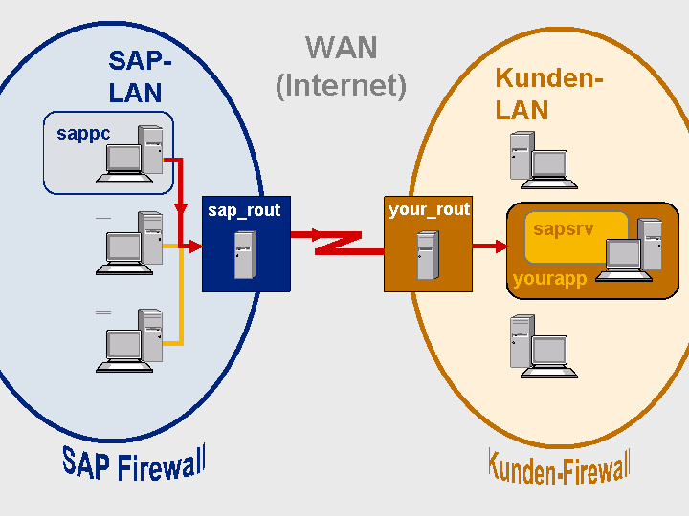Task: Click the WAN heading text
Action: pyautogui.click(x=342, y=48)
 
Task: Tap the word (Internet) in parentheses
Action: pyautogui.click(x=341, y=86)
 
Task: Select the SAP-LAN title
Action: pyautogui.click(x=139, y=76)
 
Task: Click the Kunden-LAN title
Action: pyautogui.click(x=548, y=94)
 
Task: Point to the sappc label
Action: pyautogui.click(x=83, y=134)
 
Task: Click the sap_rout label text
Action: pyautogui.click(x=244, y=210)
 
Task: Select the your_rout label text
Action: pyautogui.click(x=430, y=209)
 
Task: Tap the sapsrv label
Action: pyautogui.click(x=563, y=228)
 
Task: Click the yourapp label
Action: pyautogui.click(x=549, y=279)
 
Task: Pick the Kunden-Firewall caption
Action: pyautogui.click(x=559, y=467)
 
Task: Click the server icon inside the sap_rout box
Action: pyautogui.click(x=245, y=255)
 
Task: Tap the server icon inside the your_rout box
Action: pyautogui.click(x=428, y=255)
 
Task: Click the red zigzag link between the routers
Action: pyautogui.click(x=338, y=242)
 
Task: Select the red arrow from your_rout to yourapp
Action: pyautogui.click(x=490, y=247)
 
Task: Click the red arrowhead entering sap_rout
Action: pyautogui.click(x=195, y=247)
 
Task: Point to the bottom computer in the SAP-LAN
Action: pyautogui.click(x=129, y=341)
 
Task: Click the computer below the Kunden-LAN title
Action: pyautogui.click(x=544, y=161)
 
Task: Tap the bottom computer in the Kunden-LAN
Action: pyautogui.click(x=544, y=346)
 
